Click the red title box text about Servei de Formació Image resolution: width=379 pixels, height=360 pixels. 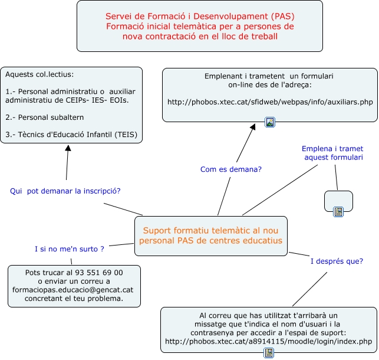pyautogui.click(x=200, y=26)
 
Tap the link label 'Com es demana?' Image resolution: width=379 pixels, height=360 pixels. pyautogui.click(x=231, y=169)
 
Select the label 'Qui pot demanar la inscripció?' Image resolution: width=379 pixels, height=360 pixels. pyautogui.click(x=65, y=191)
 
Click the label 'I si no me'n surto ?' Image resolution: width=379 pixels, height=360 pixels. pyautogui.click(x=70, y=249)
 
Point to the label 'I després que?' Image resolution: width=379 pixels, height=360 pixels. pyautogui.click(x=337, y=261)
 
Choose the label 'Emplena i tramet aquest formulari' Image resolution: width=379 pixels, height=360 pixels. pyautogui.click(x=332, y=153)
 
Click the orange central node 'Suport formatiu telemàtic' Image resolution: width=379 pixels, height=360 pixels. pyautogui.click(x=211, y=235)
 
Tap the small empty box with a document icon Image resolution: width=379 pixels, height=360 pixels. pyautogui.click(x=338, y=201)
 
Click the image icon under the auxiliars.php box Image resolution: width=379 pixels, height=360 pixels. pyautogui.click(x=270, y=122)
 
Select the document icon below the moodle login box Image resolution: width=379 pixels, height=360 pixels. pyautogui.click(x=269, y=353)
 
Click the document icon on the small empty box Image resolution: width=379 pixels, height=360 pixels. pyautogui.click(x=338, y=212)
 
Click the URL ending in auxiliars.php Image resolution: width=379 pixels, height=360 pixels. pyautogui.click(x=270, y=102)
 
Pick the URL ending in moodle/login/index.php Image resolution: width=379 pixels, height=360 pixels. pyautogui.click(x=269, y=341)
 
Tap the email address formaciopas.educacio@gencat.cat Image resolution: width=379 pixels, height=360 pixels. pyautogui.click(x=72, y=290)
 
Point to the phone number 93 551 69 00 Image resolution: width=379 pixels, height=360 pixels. pyautogui.click(x=99, y=273)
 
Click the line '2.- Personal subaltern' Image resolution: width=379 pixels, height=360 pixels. pyautogui.click(x=45, y=117)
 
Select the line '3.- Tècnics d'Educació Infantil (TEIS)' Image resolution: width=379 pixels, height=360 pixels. pyautogui.click(x=71, y=135)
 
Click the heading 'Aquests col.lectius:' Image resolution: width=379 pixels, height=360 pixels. pyautogui.click(x=39, y=74)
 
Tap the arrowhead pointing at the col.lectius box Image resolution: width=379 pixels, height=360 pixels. pyautogui.click(x=68, y=148)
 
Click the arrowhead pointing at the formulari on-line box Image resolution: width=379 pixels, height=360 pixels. pyautogui.click(x=253, y=127)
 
